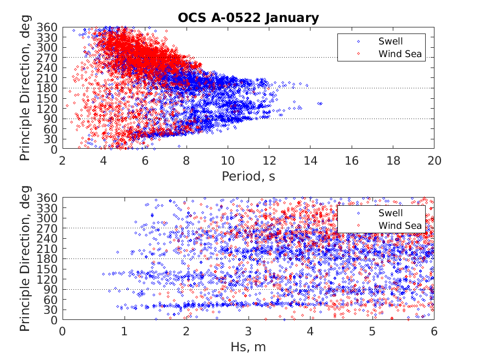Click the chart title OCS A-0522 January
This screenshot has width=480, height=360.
coord(248,18)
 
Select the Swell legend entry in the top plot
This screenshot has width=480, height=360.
coord(390,41)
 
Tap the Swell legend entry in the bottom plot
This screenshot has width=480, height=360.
coord(390,213)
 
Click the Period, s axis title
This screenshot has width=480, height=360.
coord(248,176)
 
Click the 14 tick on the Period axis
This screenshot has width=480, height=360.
coord(310,160)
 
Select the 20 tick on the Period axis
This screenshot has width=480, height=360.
coord(434,160)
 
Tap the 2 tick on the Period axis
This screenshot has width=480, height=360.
coord(63,160)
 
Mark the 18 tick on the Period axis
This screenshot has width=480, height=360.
coord(393,160)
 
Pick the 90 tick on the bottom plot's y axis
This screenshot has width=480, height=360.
coord(52,289)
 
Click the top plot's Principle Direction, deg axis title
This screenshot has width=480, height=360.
coord(25,88)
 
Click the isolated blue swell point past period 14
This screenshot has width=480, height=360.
coord(319,103)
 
